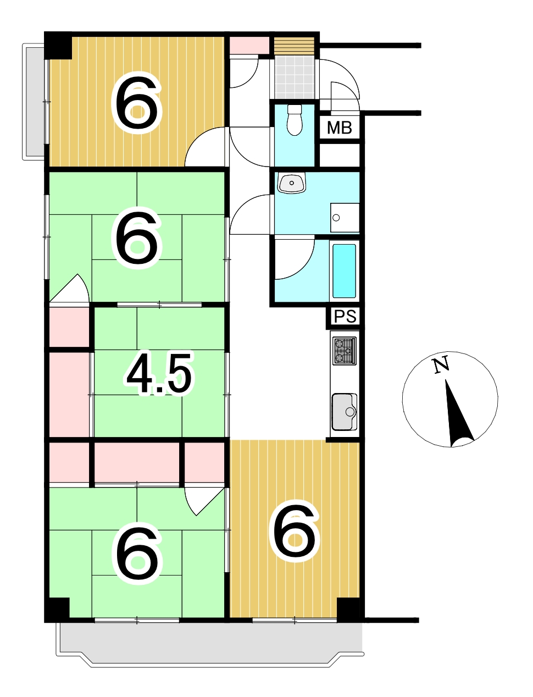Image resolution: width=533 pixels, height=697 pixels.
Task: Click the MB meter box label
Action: (339, 128)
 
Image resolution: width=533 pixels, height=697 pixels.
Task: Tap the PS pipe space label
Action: (345, 316)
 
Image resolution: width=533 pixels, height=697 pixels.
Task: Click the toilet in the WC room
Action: (295, 120)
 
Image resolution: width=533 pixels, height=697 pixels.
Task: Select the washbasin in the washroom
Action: (291, 183)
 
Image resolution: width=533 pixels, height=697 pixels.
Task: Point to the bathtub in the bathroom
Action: (344, 271)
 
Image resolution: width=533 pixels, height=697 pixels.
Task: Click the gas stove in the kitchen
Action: (345, 351)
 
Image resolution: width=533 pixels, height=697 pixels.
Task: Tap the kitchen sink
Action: (345, 412)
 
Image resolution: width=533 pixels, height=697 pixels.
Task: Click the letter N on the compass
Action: (441, 364)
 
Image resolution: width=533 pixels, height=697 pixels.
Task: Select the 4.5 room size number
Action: (159, 373)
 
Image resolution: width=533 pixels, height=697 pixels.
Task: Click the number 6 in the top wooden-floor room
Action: (137, 102)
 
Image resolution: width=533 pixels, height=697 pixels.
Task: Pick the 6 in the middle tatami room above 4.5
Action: (137, 238)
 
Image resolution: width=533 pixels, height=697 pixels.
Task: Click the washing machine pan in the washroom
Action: (345, 218)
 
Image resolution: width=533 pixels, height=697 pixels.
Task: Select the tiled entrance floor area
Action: (295, 78)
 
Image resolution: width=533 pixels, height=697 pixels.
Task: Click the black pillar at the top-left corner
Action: (58, 46)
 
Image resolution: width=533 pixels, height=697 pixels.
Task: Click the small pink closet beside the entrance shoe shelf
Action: (249, 46)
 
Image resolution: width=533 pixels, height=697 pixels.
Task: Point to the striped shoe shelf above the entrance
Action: (295, 46)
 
